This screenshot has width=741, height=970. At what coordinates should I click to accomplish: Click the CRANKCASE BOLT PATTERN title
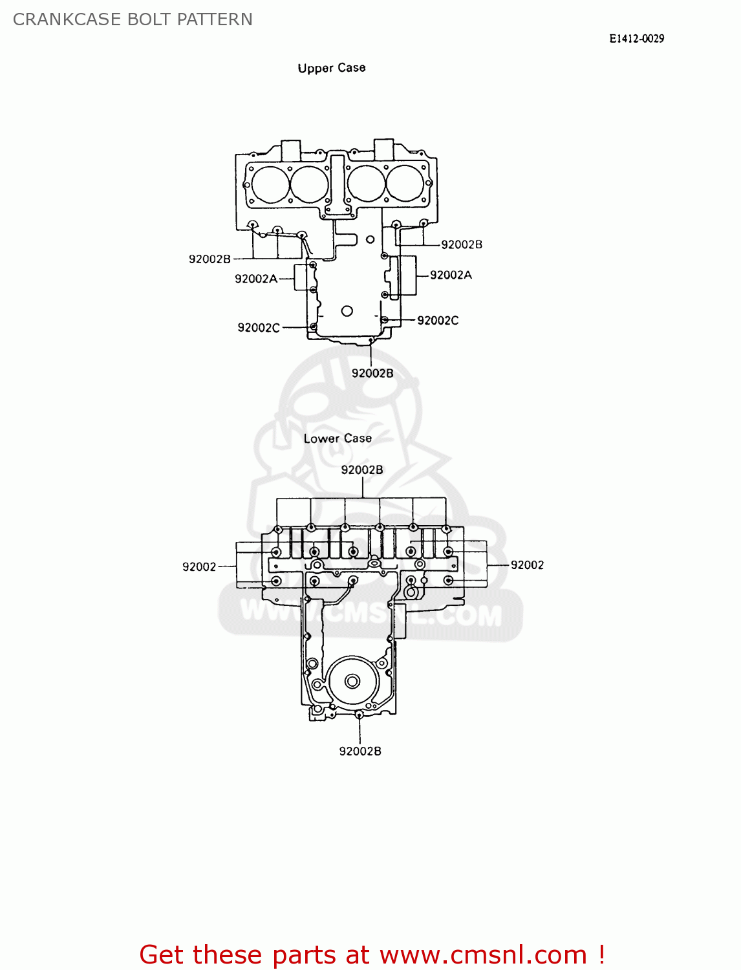click(133, 19)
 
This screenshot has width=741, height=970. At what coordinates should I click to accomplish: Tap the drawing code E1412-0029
click(636, 38)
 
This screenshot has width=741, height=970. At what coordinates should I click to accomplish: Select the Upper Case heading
click(332, 68)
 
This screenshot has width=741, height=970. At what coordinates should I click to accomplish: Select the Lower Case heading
click(338, 438)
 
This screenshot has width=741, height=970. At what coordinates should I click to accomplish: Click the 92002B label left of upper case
click(209, 259)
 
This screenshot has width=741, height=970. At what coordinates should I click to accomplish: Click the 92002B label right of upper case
click(462, 244)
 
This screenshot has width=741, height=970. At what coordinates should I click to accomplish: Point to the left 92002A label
click(256, 279)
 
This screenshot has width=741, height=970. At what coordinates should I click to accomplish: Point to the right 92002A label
click(451, 275)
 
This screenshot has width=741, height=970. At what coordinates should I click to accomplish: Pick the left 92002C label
click(259, 328)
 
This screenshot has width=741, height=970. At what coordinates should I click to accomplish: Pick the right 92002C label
click(438, 320)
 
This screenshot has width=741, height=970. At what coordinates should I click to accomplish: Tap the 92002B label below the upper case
click(372, 373)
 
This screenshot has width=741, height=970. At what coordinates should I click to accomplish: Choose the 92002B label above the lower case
click(362, 470)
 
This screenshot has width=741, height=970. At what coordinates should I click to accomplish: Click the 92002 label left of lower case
click(199, 566)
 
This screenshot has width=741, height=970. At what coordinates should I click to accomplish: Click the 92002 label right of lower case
click(527, 565)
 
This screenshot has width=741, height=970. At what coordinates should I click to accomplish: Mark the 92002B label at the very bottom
click(360, 751)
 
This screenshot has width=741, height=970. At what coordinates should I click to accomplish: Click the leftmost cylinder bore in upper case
click(270, 184)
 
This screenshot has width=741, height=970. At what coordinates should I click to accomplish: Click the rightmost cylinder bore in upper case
click(405, 183)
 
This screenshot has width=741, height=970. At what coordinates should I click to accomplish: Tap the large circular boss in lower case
click(352, 681)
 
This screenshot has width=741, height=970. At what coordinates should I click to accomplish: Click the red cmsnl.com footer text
click(372, 954)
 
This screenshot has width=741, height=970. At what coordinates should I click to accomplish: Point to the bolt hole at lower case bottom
click(359, 715)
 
